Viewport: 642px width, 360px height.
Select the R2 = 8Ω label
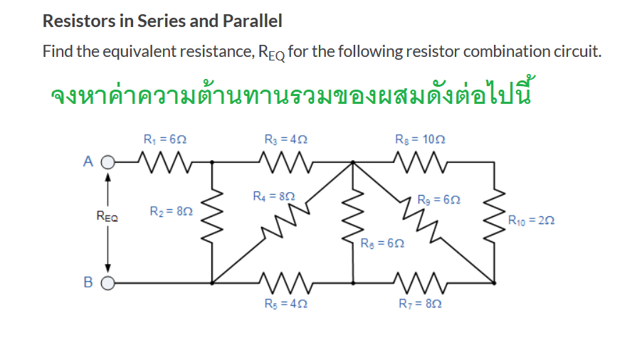(172, 211)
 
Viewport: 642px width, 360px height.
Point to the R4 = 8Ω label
(274, 194)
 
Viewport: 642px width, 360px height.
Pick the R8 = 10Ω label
(416, 139)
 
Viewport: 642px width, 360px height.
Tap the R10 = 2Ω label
(532, 221)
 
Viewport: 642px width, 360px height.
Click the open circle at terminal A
(107, 162)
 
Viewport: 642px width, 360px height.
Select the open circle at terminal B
(107, 282)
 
